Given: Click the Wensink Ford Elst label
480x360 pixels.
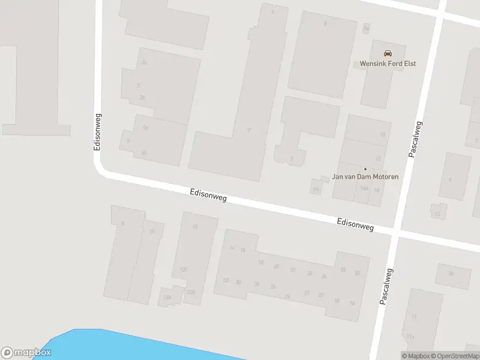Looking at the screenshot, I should (388, 64).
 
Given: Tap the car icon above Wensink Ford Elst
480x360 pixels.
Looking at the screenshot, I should (388, 52).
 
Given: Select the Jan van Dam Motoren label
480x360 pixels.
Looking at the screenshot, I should (365, 177).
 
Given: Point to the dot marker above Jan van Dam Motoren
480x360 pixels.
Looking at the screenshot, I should (365, 169).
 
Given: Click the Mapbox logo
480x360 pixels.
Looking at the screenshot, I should (26, 353).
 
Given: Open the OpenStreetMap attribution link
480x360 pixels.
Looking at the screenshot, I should (455, 356).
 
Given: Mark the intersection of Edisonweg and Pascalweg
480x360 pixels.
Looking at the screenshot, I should (395, 232).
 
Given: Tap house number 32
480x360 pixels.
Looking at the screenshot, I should (226, 280).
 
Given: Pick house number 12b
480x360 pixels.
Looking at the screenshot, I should (191, 292).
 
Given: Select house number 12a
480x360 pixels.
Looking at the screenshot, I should (167, 297).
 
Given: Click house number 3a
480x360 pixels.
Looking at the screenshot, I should (142, 98).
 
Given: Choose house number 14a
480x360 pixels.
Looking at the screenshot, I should (364, 188).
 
